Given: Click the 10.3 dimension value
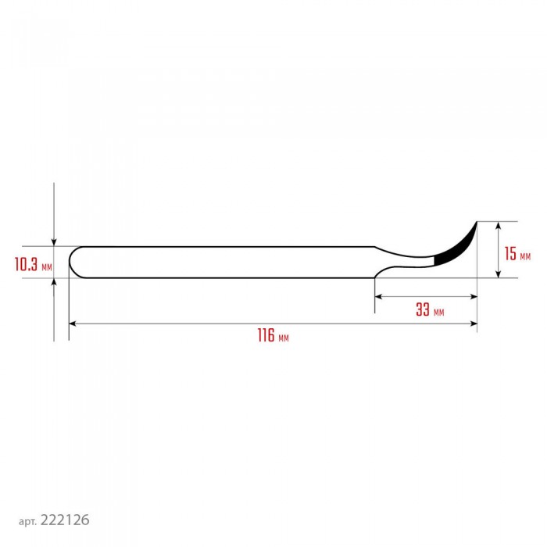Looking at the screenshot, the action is point(26,264).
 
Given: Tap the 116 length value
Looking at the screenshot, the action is point(266,335).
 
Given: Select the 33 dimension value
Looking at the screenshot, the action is point(423,309).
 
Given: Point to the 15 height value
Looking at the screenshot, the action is point(510,254).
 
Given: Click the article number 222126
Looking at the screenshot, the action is point(65,520).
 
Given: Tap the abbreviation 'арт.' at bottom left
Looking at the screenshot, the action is point(27,522).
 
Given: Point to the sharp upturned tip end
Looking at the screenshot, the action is point(477,222).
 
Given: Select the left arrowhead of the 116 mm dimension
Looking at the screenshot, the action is point(72,324).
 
